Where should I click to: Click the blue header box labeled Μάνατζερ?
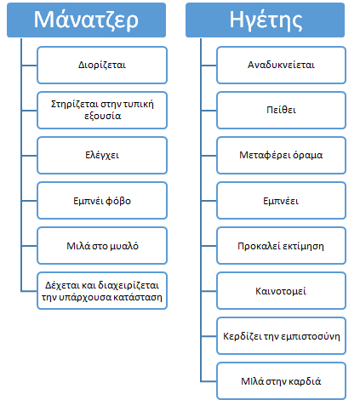pyautogui.click(x=86, y=20)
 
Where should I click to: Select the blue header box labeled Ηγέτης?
pyautogui.click(x=265, y=20)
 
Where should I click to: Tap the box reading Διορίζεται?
pyautogui.click(x=102, y=66)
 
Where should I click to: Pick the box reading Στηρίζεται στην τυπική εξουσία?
pyautogui.click(x=102, y=110)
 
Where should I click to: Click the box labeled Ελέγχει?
pyautogui.click(x=102, y=155)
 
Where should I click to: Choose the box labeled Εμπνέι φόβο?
pyautogui.click(x=102, y=201)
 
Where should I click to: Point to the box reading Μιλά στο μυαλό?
pyautogui.click(x=102, y=246)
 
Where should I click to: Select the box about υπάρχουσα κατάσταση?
pyautogui.click(x=102, y=291)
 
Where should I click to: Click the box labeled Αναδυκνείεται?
pyautogui.click(x=281, y=66)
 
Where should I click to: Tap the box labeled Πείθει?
pyautogui.click(x=281, y=110)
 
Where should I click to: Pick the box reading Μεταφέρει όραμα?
pyautogui.click(x=281, y=155)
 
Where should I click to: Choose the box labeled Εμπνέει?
pyautogui.click(x=281, y=201)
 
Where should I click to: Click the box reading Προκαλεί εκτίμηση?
pyautogui.click(x=281, y=246)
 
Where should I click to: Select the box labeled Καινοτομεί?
pyautogui.click(x=281, y=291)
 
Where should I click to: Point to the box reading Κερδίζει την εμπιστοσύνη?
pyautogui.click(x=281, y=336)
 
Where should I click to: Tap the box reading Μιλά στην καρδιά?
pyautogui.click(x=281, y=381)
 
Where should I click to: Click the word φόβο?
pyautogui.click(x=118, y=201)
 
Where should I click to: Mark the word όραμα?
pyautogui.click(x=308, y=155)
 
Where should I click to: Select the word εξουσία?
pyautogui.click(x=103, y=116)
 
